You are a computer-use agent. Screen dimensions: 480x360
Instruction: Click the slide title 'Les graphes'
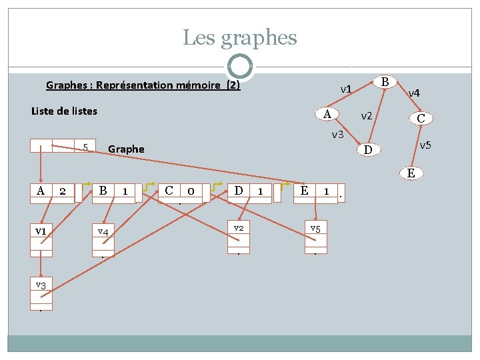[239, 37]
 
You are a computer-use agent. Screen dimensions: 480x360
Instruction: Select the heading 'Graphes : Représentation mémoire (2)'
[143, 85]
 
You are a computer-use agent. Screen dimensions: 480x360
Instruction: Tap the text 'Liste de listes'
[64, 111]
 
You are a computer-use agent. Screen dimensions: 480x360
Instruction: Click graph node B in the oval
[385, 82]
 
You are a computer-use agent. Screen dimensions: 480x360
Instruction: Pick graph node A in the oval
[327, 113]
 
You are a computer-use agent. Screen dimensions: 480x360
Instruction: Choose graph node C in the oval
[421, 119]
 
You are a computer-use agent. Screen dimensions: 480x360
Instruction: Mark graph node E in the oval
[411, 173]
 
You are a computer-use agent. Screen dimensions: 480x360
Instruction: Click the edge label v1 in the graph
[345, 89]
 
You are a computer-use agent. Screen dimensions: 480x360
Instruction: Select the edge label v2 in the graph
[367, 116]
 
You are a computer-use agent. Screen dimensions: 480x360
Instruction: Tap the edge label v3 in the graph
[337, 135]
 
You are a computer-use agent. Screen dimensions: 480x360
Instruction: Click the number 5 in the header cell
[85, 147]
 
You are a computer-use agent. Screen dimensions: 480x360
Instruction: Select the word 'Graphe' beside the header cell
[125, 149]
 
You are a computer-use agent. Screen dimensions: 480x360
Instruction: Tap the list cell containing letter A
[41, 191]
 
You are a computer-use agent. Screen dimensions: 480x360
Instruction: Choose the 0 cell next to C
[191, 191]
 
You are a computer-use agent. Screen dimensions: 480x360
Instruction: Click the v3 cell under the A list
[41, 285]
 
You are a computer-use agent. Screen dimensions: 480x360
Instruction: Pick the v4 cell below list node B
[103, 231]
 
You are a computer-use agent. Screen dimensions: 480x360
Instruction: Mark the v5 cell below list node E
[316, 228]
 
